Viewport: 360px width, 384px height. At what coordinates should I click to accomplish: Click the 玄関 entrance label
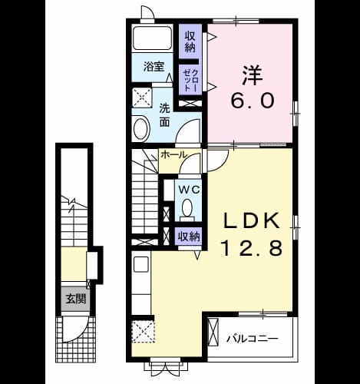[x=75, y=299]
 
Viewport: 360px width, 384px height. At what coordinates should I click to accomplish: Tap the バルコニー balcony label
[x=253, y=339]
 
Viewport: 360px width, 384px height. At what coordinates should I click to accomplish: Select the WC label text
[x=189, y=190]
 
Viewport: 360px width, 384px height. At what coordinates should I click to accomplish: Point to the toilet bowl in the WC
[x=188, y=208]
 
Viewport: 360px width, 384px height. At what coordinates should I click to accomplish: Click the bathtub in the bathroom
[x=152, y=38]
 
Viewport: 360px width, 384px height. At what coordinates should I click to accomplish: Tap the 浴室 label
[x=154, y=67]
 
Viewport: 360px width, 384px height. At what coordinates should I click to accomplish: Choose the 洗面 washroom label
[x=164, y=115]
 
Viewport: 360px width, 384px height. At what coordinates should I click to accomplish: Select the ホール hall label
[x=173, y=154]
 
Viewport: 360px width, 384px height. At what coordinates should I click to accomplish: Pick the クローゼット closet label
[x=190, y=80]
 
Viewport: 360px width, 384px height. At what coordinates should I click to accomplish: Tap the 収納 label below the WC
[x=189, y=237]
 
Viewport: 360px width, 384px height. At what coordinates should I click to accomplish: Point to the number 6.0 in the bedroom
[x=253, y=101]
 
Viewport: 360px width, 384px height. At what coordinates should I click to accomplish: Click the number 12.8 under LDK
[x=253, y=248]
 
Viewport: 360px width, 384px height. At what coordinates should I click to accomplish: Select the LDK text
[x=252, y=221]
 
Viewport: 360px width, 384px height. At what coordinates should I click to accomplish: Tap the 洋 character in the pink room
[x=253, y=75]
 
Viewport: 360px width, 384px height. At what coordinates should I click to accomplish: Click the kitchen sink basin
[x=141, y=264]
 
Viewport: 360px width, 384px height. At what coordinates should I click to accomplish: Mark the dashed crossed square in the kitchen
[x=144, y=331]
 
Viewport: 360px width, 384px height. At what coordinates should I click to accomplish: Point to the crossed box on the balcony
[x=213, y=332]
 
